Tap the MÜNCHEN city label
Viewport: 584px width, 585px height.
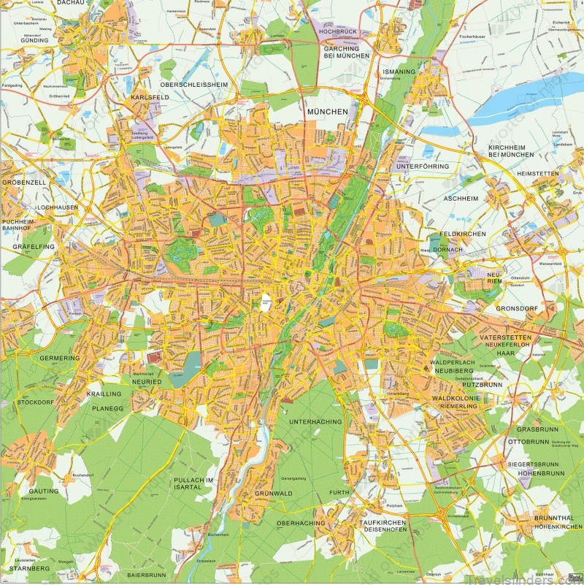click(x=324, y=111)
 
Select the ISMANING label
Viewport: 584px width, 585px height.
click(x=399, y=72)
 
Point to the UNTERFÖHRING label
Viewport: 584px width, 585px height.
click(x=423, y=167)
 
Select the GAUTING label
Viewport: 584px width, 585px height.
click(x=44, y=492)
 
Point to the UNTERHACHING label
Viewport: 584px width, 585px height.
click(x=315, y=422)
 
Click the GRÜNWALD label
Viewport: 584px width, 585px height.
click(x=273, y=494)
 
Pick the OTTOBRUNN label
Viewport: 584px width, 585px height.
click(x=527, y=442)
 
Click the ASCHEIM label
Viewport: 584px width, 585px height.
click(x=461, y=199)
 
